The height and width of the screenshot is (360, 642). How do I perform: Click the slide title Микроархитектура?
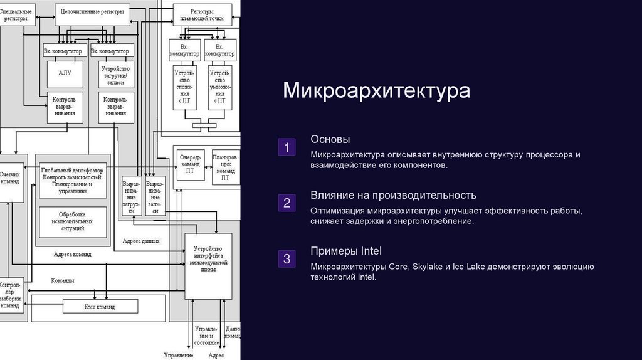coord(376,90)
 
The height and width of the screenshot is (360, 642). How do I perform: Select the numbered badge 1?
coord(287,148)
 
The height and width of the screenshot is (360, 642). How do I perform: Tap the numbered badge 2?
coord(287,203)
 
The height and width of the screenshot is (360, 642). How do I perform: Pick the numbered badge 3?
coord(287,259)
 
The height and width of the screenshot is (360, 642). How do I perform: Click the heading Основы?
coord(330,139)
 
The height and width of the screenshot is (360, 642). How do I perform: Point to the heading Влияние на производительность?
coord(393,195)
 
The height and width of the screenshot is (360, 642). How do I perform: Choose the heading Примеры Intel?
coord(346,251)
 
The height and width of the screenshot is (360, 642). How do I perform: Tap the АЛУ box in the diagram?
coord(65,73)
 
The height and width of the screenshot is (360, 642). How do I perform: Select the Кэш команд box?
coord(100,306)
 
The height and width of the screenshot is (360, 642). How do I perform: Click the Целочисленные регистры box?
coord(92,13)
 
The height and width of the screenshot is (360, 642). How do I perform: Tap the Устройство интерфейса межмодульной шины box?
coord(208,265)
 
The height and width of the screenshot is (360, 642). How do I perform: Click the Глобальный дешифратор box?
coord(72,179)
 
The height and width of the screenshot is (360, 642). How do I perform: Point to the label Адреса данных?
coord(141,241)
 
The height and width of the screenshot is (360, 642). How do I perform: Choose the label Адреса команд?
coord(72,255)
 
